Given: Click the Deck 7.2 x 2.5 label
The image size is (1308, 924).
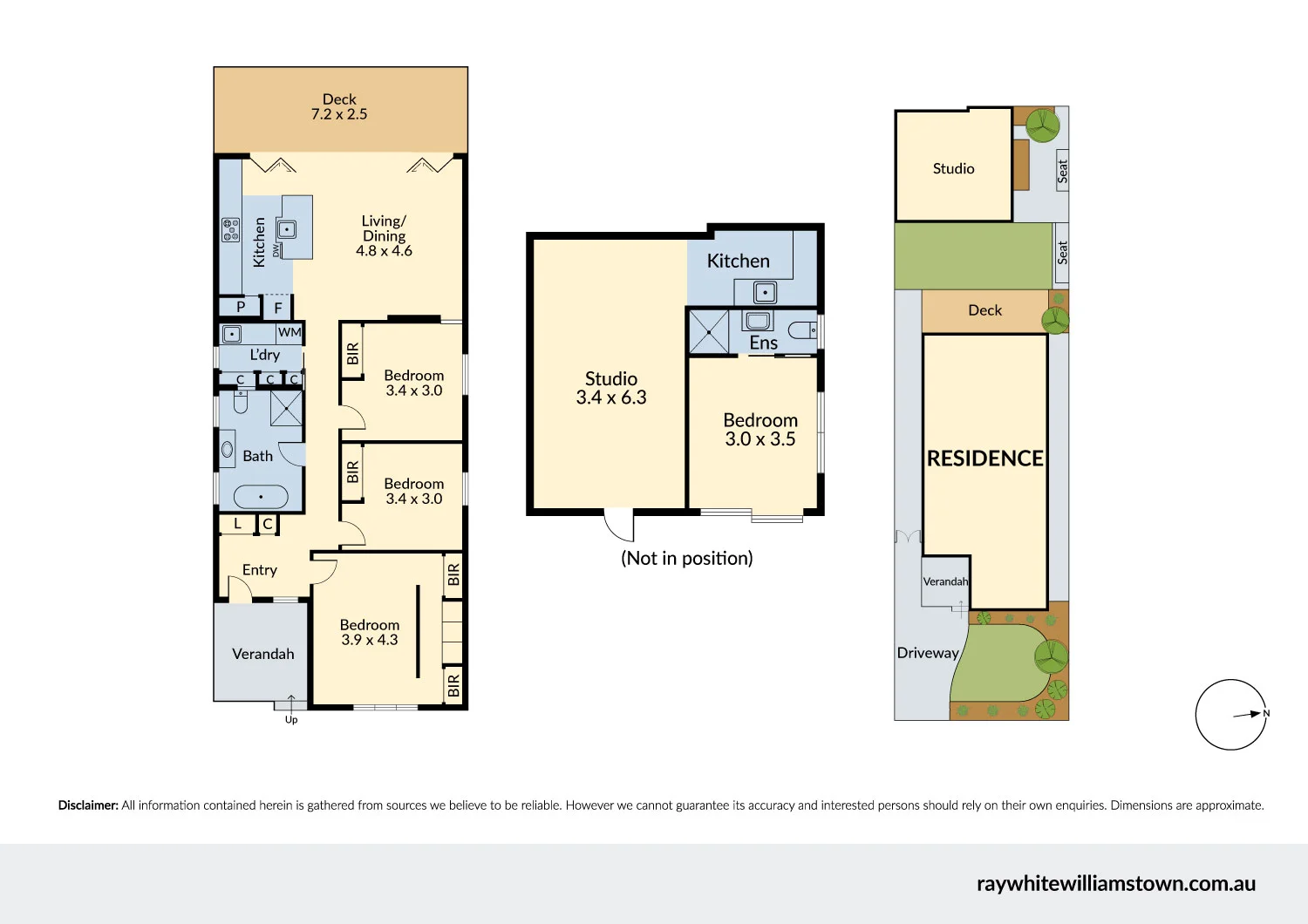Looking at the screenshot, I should [x=339, y=106].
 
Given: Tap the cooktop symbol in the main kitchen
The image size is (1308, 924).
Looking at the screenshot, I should [x=230, y=229].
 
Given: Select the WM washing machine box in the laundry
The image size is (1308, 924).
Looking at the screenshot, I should [x=290, y=332].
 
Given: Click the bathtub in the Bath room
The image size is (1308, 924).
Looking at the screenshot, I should [x=261, y=497].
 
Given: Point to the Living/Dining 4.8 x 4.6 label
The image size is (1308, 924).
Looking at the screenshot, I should [x=384, y=236].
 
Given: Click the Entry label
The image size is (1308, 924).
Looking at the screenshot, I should [x=259, y=570].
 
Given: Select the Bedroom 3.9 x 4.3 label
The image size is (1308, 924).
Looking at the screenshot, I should [x=370, y=632].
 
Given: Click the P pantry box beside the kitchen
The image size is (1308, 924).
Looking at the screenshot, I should [x=241, y=307].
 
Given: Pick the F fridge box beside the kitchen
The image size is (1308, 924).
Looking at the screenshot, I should [x=278, y=308].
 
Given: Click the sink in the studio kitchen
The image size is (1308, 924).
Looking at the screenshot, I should [x=765, y=292].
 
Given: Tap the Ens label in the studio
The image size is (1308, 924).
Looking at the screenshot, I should [x=763, y=343].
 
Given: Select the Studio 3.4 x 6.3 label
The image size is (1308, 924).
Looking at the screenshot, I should [x=611, y=388].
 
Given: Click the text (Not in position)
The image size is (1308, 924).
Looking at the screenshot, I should [x=686, y=558].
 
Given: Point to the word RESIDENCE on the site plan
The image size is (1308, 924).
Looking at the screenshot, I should [x=984, y=459].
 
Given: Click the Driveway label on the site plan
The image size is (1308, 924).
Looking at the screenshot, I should [x=928, y=653].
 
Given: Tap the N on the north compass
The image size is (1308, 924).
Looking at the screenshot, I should [x=1266, y=713].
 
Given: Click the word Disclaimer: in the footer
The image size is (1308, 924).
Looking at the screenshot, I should [x=88, y=805].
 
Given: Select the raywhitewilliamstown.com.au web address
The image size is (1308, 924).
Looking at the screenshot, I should [x=1115, y=883].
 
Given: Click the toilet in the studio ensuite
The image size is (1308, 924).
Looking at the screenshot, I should [x=802, y=330].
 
